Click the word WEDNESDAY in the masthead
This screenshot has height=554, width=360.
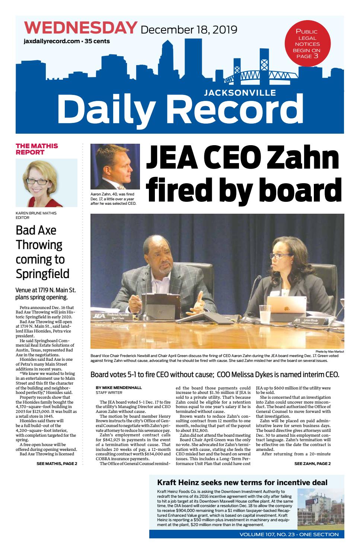(x=81, y=28)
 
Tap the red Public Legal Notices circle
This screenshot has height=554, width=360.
(x=308, y=43)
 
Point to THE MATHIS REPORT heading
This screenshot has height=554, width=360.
(x=37, y=149)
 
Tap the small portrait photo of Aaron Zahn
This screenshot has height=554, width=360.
(x=115, y=167)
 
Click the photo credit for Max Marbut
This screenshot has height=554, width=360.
(x=329, y=351)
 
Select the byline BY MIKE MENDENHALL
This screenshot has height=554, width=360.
(x=118, y=388)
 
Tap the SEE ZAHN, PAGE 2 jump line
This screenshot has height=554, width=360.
(x=312, y=464)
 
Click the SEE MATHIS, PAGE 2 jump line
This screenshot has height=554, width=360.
(x=57, y=464)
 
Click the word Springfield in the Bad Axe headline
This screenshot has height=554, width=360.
(x=42, y=274)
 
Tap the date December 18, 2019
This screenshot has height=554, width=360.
(x=189, y=29)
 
